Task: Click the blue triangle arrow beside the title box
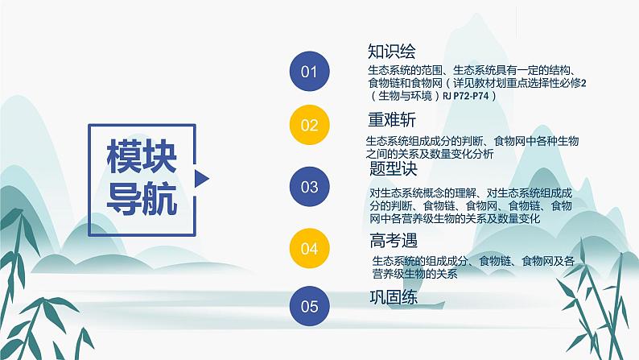(202, 177)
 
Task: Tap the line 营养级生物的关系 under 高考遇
(414, 274)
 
